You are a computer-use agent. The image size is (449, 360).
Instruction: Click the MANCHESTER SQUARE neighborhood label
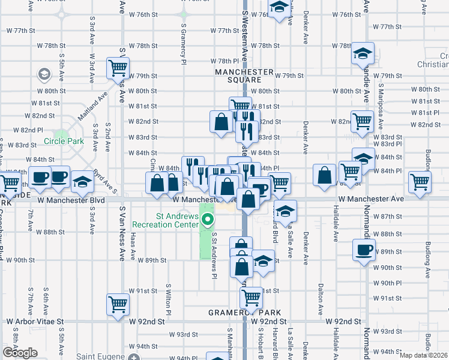[238, 75]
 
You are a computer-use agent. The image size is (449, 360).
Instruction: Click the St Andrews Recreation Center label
[165, 220]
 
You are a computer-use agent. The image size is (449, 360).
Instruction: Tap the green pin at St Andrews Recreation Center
[208, 220]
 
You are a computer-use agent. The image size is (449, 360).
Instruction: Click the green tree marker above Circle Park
[61, 136]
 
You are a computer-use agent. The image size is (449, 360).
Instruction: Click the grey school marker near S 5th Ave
[44, 74]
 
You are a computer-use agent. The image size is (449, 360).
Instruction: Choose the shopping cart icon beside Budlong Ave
[420, 181]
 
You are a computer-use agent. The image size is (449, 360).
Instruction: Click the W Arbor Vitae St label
[35, 322]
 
